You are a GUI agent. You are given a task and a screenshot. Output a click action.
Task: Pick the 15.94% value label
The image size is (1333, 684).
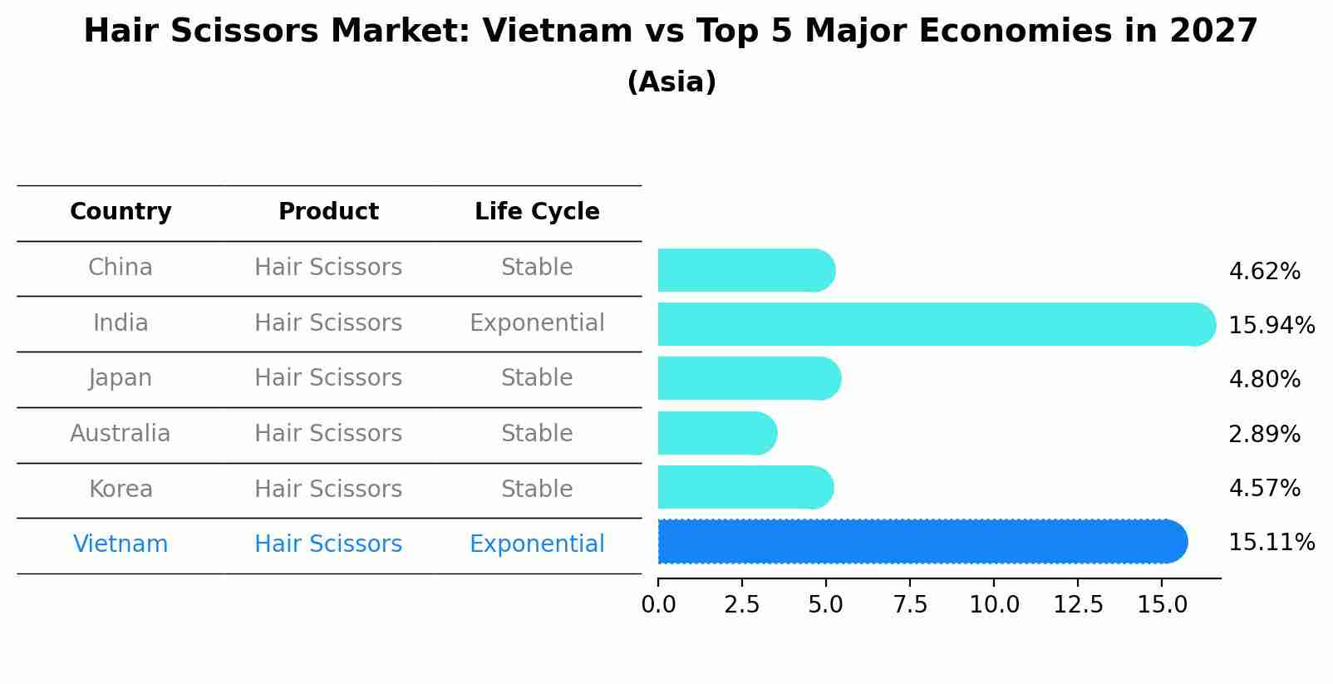pos(1271,326)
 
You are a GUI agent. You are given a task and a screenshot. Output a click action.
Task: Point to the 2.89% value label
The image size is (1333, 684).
pos(1263,434)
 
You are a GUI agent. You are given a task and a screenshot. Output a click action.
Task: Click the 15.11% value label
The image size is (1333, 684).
pos(1271,543)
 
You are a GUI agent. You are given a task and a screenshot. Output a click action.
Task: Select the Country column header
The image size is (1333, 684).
pos(121,212)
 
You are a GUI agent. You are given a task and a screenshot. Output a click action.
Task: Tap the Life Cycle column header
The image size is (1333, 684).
pos(537,212)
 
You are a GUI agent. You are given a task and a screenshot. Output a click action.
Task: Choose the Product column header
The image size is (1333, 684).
pos(328,212)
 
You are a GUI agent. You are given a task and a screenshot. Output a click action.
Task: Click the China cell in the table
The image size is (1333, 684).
pos(121,268)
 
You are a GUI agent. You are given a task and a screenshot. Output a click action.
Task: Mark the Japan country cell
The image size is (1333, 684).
pos(121,378)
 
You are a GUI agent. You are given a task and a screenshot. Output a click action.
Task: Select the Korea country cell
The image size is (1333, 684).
pos(121,489)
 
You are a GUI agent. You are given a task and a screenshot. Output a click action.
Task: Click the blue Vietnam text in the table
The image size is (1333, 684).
pos(121,544)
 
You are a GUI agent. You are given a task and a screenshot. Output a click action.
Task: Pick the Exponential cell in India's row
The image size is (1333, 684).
pos(537,322)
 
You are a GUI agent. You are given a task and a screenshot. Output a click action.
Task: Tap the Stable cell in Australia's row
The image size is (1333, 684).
pos(537,434)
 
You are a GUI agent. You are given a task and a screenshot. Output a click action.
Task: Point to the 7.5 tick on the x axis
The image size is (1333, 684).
pos(910,605)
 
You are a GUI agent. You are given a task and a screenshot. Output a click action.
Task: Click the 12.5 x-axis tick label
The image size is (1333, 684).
pos(1078,605)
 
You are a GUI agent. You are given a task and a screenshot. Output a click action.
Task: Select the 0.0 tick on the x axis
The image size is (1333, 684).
pos(658,605)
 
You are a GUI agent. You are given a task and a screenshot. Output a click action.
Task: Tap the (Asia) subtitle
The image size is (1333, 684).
pos(671,82)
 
